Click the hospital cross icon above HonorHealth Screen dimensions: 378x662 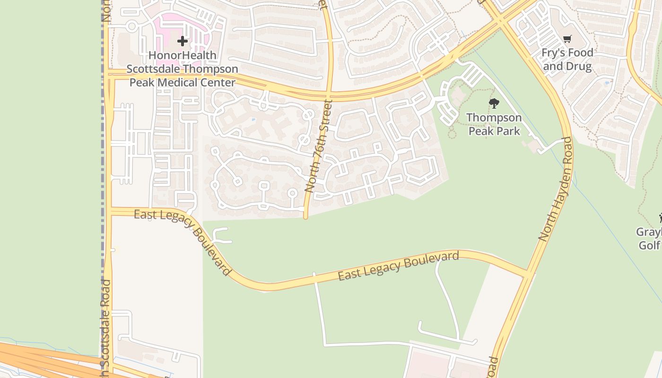[x=183, y=41]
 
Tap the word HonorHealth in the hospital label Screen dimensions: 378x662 [x=183, y=55]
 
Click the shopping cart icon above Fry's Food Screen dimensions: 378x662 [x=567, y=39]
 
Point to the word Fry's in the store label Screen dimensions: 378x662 [x=553, y=53]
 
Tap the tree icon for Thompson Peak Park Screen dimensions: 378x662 [x=494, y=103]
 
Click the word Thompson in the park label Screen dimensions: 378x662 [x=494, y=117]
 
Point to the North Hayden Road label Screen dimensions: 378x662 [x=556, y=189]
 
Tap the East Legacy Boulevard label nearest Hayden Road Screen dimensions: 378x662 [x=398, y=266]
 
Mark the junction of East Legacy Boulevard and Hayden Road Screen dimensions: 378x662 [x=528, y=273]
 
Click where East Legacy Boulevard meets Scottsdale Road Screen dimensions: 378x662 [x=109, y=211]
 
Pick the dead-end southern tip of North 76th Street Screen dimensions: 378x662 [x=305, y=217]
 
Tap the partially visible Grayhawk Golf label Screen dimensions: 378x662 [x=649, y=239]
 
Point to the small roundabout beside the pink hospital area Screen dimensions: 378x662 [x=132, y=26]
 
